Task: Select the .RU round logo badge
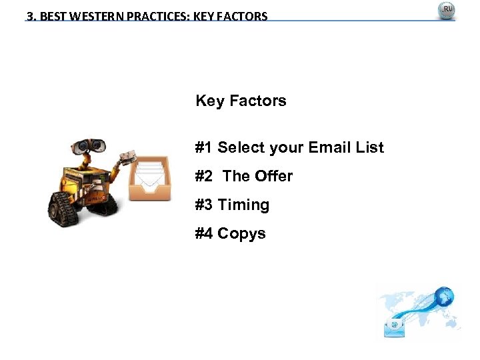click(x=446, y=11)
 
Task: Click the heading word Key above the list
click(x=210, y=101)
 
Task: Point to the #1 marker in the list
click(x=204, y=147)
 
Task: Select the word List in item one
click(x=369, y=147)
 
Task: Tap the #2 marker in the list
click(x=204, y=176)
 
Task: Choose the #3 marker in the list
click(x=204, y=205)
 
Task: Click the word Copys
click(x=241, y=233)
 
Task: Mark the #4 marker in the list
click(x=204, y=233)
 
